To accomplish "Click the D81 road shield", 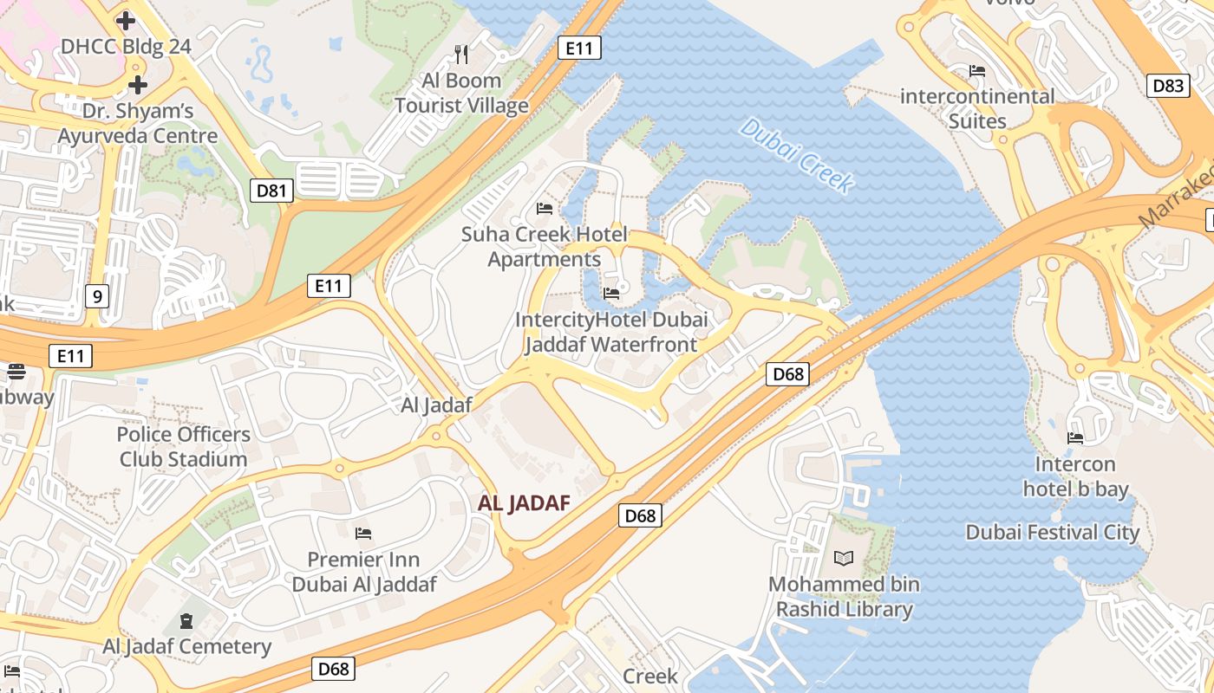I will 271,190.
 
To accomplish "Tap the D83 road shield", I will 1168,85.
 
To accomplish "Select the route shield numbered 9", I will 97,297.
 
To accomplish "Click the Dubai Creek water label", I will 797,154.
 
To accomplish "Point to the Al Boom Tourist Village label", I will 461,94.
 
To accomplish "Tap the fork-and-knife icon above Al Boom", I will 461,55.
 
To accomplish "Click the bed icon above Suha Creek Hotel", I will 545,209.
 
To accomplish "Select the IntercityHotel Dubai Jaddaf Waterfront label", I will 611,332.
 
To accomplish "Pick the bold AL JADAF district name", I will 524,503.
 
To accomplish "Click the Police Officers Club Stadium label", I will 184,446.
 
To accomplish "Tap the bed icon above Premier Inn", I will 363,533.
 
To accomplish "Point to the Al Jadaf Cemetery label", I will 186,646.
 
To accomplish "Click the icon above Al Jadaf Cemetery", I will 186,620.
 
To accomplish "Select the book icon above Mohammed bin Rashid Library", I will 843,559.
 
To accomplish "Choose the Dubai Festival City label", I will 1053,532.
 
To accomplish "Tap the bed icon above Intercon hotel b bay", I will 1075,438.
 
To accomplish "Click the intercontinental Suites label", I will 977,108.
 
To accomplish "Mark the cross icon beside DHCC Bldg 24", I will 126,20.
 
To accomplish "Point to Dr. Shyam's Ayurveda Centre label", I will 138,123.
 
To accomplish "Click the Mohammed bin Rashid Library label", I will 844,596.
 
